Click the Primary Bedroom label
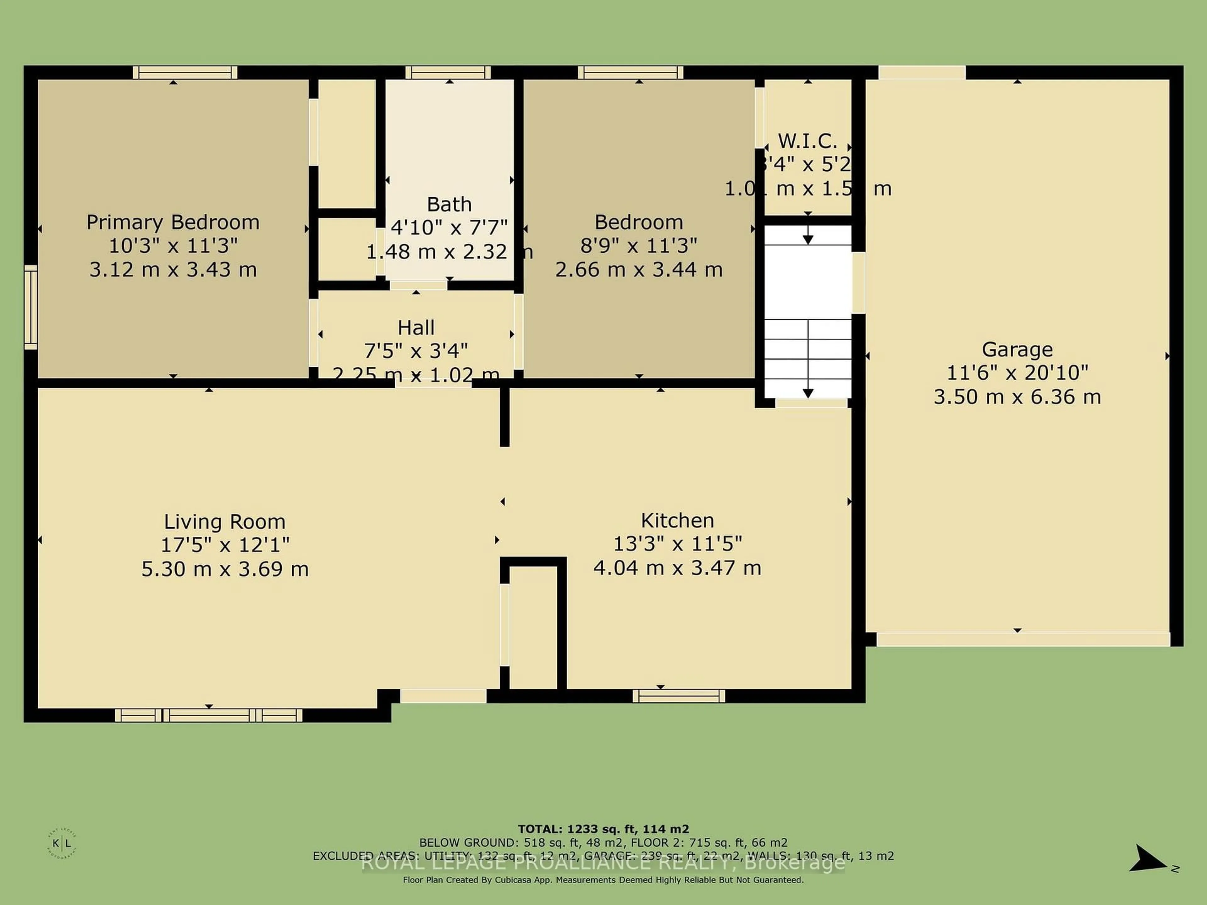173,222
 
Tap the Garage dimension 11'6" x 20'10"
1017,373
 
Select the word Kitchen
677,520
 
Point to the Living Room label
225,522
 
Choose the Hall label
416,328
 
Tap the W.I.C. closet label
807,141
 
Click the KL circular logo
62,844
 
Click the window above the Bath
448,73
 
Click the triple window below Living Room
208,715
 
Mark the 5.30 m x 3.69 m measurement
225,569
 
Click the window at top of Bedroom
630,73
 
